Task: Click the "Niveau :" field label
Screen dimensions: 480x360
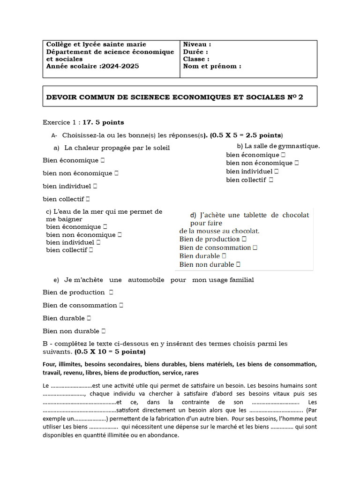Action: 194,45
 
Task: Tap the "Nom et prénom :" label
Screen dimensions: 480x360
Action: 212,67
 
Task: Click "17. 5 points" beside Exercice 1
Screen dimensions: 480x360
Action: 104,122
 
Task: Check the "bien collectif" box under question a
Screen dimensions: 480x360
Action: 88,199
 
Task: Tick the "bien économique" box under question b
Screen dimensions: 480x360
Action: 284,155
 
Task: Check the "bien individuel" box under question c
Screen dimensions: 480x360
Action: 98,243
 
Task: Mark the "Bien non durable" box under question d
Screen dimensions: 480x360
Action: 239,265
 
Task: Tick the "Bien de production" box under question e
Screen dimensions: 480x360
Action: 111,292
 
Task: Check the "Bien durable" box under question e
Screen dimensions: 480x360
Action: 89,318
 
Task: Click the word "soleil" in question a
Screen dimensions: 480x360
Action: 160,148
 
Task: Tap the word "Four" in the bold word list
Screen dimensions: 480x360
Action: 49,364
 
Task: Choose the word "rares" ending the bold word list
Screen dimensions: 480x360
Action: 190,373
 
